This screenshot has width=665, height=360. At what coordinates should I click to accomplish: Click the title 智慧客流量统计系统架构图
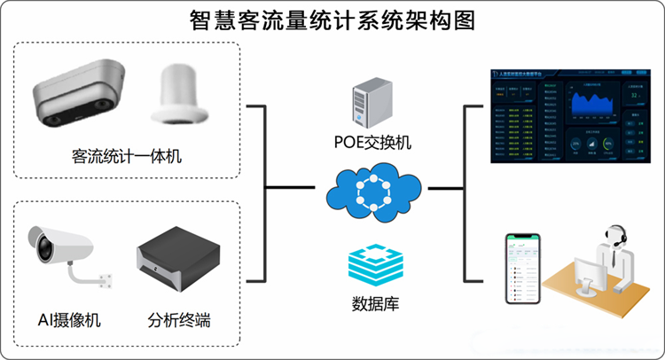[332, 20]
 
